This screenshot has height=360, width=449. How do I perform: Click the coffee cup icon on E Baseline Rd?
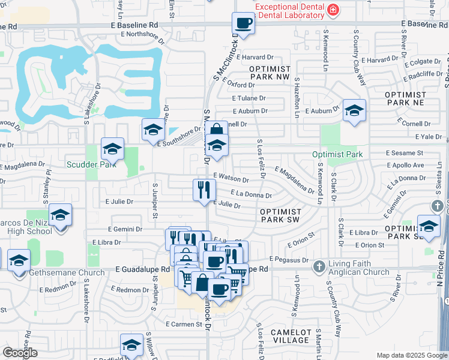point(243,23)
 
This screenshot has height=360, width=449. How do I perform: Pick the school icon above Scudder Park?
point(112,148)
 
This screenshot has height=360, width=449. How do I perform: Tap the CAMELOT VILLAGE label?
point(291,336)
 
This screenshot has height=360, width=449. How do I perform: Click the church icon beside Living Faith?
point(319,266)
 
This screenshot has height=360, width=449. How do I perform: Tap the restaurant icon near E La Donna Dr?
point(203,189)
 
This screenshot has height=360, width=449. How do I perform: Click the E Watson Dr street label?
point(231,178)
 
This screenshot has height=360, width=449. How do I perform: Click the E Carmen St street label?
point(184,325)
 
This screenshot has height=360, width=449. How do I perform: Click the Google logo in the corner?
point(20,353)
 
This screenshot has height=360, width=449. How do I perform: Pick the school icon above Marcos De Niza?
point(60,214)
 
